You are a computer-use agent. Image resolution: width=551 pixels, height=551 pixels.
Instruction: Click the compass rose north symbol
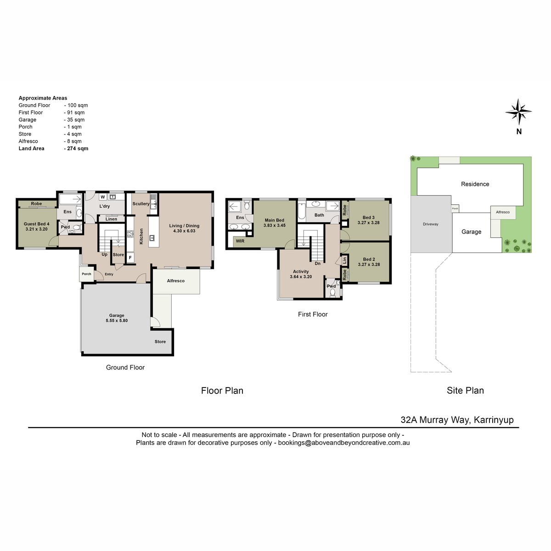click(x=518, y=112)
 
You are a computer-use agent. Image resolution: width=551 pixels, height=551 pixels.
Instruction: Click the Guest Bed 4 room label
click(x=37, y=224)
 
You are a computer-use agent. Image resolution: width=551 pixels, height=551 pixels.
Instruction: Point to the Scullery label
click(x=141, y=203)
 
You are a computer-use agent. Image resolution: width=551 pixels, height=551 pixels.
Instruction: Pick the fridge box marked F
click(x=130, y=258)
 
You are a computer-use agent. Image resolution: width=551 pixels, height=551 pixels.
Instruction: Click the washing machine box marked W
click(x=103, y=197)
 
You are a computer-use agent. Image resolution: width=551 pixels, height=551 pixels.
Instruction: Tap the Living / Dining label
click(x=184, y=225)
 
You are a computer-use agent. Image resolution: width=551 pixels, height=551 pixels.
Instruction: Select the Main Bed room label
click(x=274, y=220)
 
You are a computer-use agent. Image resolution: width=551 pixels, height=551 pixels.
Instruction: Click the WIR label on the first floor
click(x=240, y=241)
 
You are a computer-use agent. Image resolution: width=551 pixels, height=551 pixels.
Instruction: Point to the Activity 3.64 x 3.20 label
click(x=301, y=274)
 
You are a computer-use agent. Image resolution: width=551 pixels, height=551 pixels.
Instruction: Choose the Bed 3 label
click(x=369, y=217)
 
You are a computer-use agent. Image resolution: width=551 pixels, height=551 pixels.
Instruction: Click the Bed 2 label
click(x=369, y=259)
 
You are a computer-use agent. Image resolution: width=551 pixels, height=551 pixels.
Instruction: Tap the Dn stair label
click(x=317, y=264)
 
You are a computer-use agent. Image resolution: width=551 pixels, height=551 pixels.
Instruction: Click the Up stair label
click(x=104, y=254)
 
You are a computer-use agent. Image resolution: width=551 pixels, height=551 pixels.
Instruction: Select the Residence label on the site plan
click(x=475, y=184)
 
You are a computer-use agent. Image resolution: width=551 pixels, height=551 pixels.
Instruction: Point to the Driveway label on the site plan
click(x=430, y=224)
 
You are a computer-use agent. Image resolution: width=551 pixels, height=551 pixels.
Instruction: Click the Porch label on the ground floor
click(x=86, y=274)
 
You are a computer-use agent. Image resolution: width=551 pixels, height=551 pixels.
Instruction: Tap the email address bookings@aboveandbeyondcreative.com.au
click(x=344, y=443)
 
